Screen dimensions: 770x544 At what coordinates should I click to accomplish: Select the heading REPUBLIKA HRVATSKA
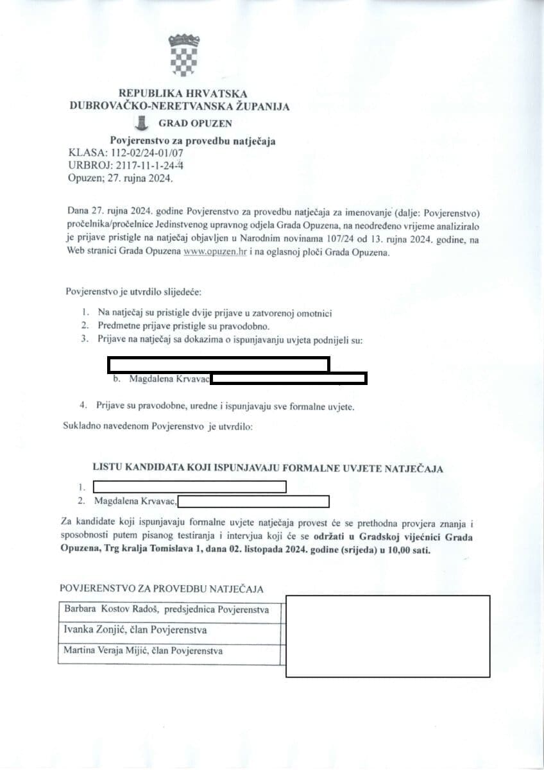point(183,94)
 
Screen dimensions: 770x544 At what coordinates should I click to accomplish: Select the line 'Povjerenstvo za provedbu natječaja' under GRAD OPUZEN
point(192,141)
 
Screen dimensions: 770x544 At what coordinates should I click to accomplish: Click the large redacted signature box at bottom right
point(387,636)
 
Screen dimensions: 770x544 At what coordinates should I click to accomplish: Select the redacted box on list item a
point(218,364)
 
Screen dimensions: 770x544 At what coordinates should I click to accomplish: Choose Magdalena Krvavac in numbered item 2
point(135,501)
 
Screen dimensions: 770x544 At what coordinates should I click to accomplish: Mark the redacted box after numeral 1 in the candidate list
point(189,486)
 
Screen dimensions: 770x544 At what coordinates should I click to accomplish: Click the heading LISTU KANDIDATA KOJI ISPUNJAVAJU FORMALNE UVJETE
point(268,468)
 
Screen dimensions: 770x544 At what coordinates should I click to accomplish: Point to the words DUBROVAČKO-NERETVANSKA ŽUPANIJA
point(179,107)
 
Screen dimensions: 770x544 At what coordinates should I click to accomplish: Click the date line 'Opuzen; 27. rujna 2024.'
point(120,179)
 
